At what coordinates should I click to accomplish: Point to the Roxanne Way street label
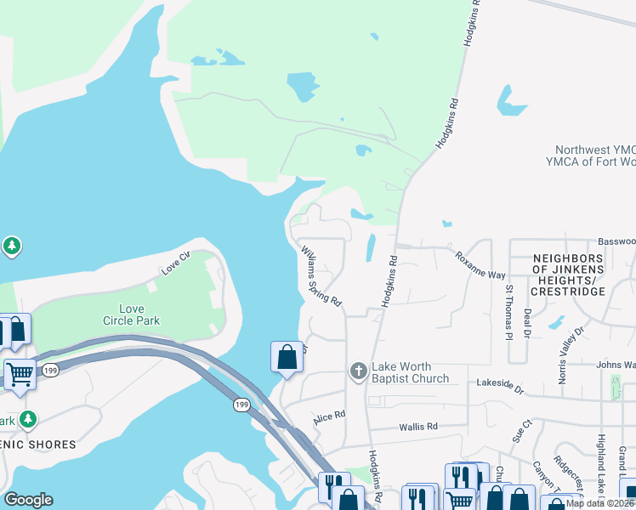point(480,264)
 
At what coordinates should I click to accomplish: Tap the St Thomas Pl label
point(509,311)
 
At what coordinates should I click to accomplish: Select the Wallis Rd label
point(420,426)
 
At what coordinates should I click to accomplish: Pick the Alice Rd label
point(329,416)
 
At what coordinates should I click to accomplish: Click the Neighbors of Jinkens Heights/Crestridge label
point(568,274)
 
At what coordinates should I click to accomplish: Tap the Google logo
point(28,500)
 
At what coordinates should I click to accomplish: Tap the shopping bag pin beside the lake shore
point(287,355)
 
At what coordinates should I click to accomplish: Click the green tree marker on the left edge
point(11,246)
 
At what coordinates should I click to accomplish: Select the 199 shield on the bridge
point(241,405)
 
